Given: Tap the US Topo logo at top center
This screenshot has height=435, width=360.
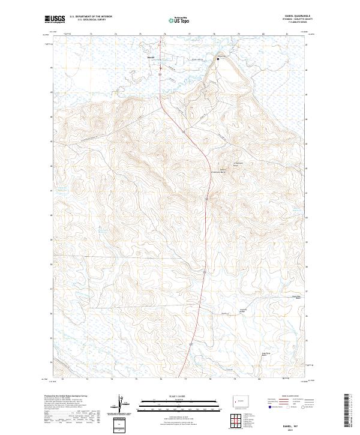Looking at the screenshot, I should coord(179,20).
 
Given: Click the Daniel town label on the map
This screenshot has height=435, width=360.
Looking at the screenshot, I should coord(151,58).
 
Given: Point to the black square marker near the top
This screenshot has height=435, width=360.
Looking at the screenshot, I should coord(218,59).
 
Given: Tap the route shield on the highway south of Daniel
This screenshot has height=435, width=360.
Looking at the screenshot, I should coord(160,73).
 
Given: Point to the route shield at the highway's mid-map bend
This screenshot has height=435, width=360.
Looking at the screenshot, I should coord(206,199).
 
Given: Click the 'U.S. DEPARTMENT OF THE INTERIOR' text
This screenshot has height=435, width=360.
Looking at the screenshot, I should coord(91,17).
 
